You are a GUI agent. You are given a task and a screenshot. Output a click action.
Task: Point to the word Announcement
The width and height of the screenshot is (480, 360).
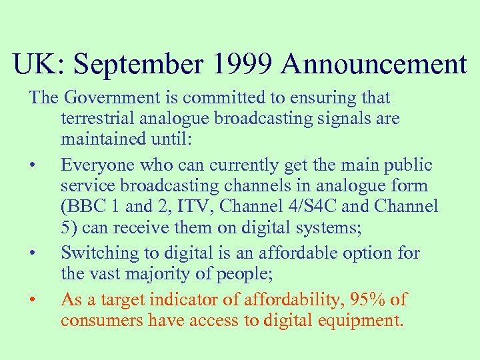pos(374,65)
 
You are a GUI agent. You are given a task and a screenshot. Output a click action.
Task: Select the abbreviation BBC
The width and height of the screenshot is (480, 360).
pos(83,207)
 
